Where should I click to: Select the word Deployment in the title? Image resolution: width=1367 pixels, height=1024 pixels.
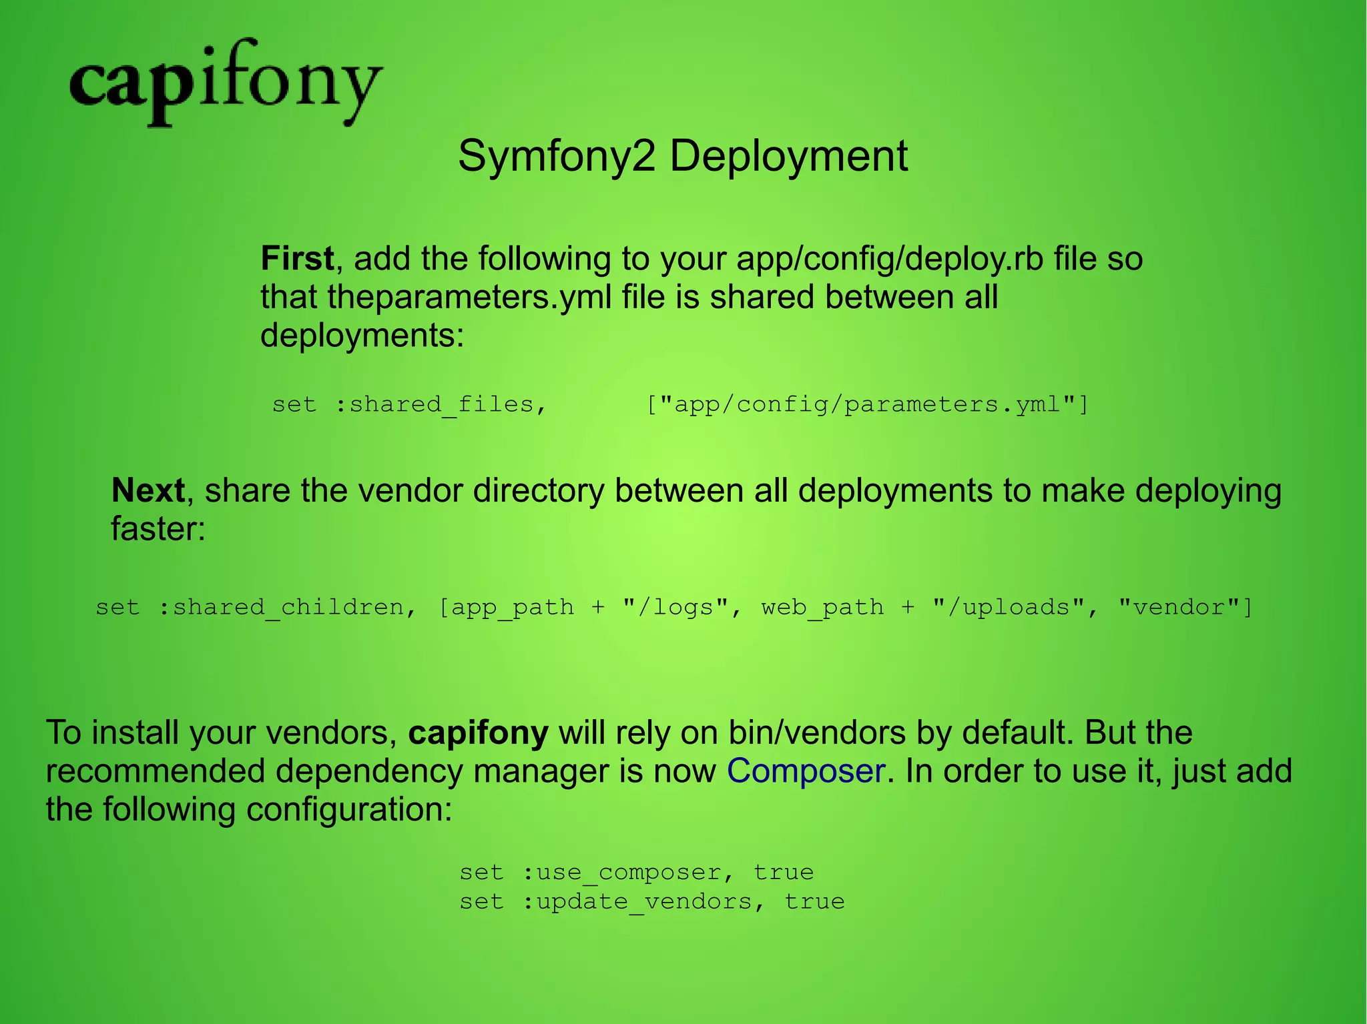click(788, 157)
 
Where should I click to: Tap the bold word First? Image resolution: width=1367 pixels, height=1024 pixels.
click(297, 259)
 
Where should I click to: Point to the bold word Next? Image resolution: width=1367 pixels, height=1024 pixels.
click(148, 491)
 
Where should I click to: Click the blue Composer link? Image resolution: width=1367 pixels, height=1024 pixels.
click(806, 771)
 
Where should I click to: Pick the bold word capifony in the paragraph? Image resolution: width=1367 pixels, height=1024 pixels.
click(478, 732)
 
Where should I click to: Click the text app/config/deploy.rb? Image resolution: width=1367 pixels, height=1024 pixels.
click(890, 259)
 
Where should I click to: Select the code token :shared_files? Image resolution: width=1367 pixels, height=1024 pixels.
click(441, 404)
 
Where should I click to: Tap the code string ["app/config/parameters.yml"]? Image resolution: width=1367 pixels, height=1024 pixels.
click(867, 404)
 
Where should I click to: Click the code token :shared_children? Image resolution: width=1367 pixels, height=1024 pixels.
click(288, 607)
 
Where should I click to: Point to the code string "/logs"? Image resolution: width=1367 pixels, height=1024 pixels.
click(675, 607)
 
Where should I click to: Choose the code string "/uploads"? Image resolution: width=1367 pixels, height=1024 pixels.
click(1008, 607)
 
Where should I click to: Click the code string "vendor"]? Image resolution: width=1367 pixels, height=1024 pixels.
click(1186, 607)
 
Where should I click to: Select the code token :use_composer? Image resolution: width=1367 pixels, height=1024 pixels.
click(629, 873)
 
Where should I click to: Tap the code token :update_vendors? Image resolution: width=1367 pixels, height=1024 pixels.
click(644, 902)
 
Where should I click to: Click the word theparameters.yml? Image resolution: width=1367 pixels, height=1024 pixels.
click(469, 298)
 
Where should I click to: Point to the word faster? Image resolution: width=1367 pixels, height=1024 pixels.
click(158, 529)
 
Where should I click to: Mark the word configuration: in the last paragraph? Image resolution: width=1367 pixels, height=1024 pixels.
click(349, 810)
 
